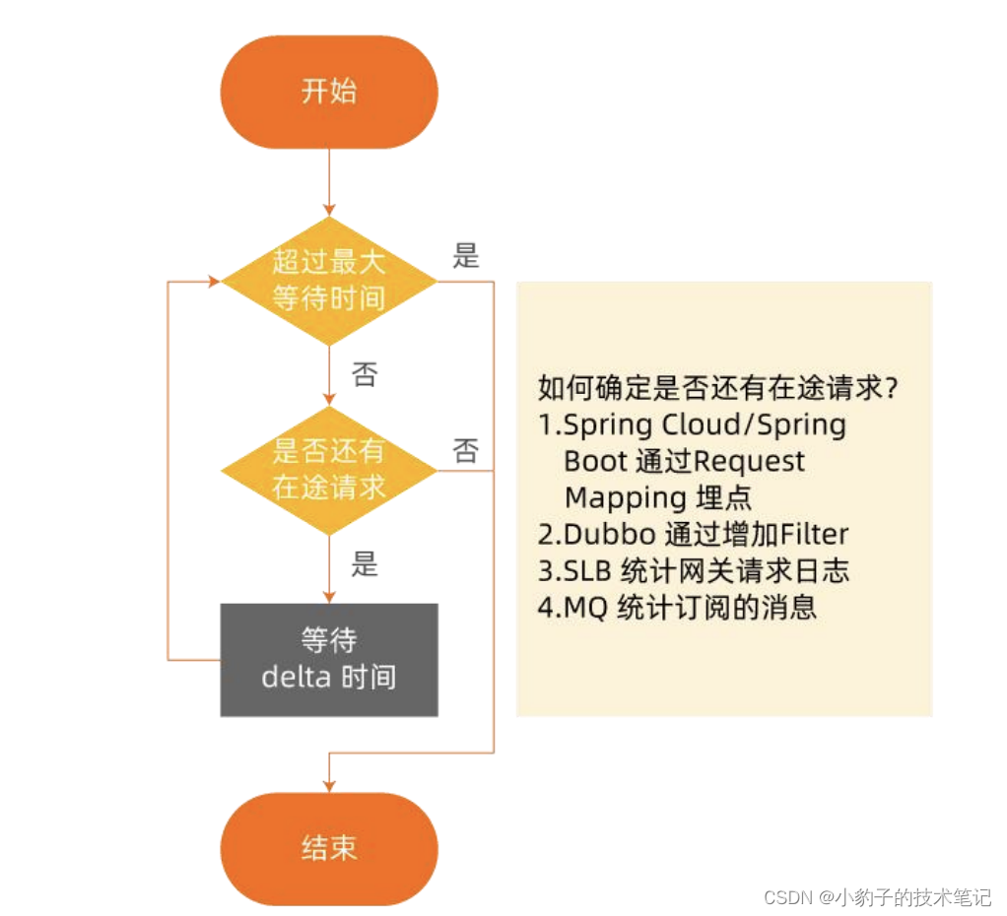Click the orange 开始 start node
coord(329,93)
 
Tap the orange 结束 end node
coord(329,849)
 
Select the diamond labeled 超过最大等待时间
coord(329,281)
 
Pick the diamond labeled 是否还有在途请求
coord(329,470)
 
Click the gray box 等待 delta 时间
coord(329,659)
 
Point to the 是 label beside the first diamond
coord(466,257)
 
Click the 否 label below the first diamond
coord(364,375)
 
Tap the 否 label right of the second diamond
coord(466,451)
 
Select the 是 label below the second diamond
coord(364,566)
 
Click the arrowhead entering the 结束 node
coord(329,785)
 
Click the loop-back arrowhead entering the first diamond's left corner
coord(214,281)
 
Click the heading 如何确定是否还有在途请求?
coord(718,387)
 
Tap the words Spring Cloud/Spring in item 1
coord(705,425)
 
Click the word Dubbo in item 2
coord(609,535)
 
